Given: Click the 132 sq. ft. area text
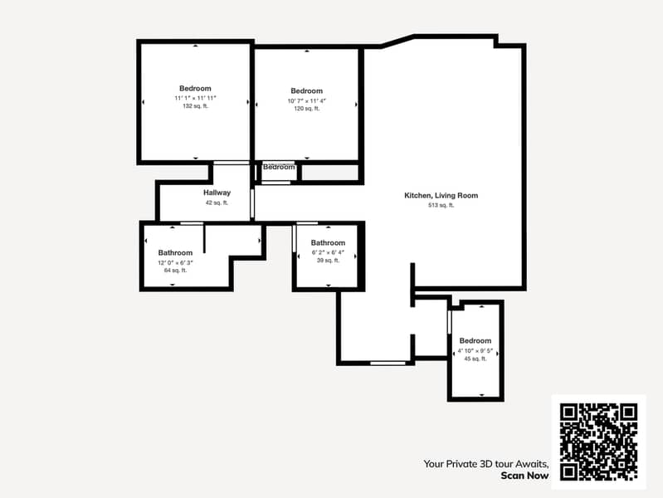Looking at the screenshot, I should [195, 106].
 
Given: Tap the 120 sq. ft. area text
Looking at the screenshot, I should [306, 109].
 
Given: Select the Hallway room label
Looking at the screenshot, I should [217, 193].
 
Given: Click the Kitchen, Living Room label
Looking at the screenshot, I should [441, 195].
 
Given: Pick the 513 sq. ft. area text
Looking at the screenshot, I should [441, 205].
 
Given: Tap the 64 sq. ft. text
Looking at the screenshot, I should [175, 271].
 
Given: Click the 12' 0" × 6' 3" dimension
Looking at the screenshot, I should [175, 262].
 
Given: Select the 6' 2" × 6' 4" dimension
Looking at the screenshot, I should [328, 252].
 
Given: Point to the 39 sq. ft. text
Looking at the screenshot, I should [328, 261].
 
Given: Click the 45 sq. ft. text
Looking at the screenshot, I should [475, 359].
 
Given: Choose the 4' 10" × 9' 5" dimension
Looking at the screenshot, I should [475, 350].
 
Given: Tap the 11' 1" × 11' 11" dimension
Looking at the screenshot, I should [195, 98].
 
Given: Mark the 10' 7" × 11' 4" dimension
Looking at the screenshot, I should [306, 100].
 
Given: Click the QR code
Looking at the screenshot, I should [598, 442].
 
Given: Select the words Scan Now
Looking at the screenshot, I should [524, 476].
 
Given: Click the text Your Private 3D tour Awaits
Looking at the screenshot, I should [485, 464].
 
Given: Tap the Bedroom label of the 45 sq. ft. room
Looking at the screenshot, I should [475, 340].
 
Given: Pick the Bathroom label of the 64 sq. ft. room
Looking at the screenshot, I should [175, 252].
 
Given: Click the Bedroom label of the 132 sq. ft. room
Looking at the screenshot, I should [195, 88].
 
